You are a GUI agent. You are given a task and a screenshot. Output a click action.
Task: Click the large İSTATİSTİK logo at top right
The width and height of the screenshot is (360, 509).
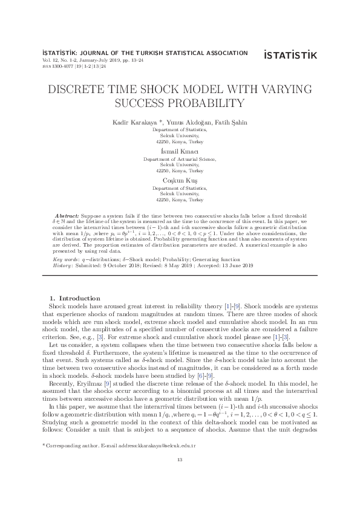pos(290,56)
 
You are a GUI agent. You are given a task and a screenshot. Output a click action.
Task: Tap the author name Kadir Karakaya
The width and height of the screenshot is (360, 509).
pos(131,123)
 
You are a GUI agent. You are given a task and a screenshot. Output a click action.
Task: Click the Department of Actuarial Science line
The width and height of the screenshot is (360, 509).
pos(179,158)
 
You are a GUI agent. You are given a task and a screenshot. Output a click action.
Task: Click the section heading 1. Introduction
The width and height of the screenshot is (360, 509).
pos(75,298)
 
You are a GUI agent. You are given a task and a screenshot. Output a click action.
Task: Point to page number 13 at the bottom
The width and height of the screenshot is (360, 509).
pos(180,478)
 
